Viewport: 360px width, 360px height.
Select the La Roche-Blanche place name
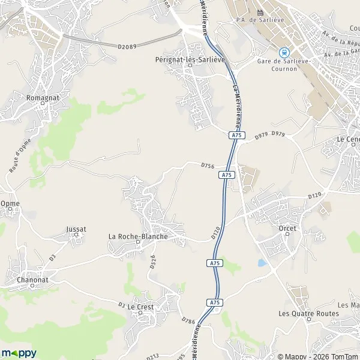[137, 236]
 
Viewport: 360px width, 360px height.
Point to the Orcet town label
[288, 229]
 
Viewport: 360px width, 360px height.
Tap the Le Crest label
[141, 307]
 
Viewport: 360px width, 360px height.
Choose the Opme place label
[10, 203]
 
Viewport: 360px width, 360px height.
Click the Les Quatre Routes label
[309, 313]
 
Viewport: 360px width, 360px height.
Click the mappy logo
[19, 353]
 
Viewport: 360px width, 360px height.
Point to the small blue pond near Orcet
[262, 263]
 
